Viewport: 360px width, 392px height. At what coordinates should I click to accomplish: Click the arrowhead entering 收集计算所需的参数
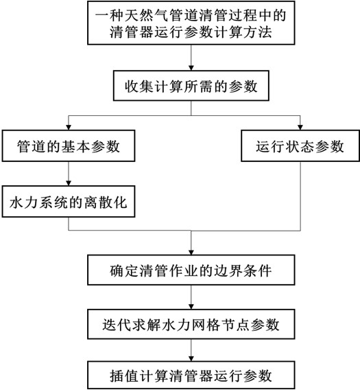[191, 68]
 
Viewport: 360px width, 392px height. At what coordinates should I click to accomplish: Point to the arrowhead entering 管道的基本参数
[69, 127]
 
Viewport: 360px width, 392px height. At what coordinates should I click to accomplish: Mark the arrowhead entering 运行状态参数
[300, 127]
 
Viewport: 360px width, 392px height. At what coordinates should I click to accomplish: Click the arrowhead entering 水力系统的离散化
[69, 183]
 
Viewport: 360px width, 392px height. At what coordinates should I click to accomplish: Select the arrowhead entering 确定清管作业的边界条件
[191, 252]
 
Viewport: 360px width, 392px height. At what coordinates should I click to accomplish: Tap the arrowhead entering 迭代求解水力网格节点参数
[191, 307]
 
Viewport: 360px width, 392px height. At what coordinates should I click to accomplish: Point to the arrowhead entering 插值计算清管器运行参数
[191, 358]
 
